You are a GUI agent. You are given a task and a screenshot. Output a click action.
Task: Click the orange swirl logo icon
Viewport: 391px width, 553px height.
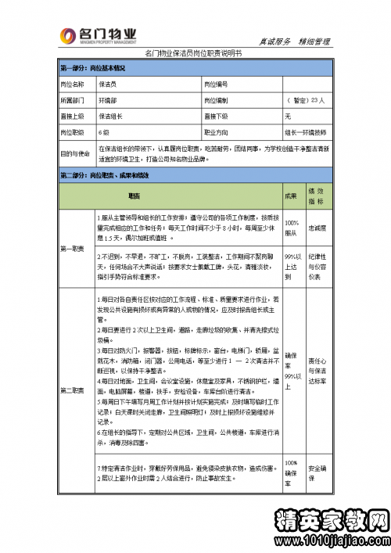(x=69, y=36)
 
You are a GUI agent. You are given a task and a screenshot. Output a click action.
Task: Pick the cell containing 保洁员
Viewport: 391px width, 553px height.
(x=108, y=84)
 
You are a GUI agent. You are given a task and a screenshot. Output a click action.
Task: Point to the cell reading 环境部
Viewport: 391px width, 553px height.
(x=108, y=100)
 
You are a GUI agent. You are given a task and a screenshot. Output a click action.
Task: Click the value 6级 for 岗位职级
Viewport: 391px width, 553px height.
(x=104, y=132)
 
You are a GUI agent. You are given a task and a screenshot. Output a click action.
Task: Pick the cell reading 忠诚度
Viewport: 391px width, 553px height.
(x=316, y=228)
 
